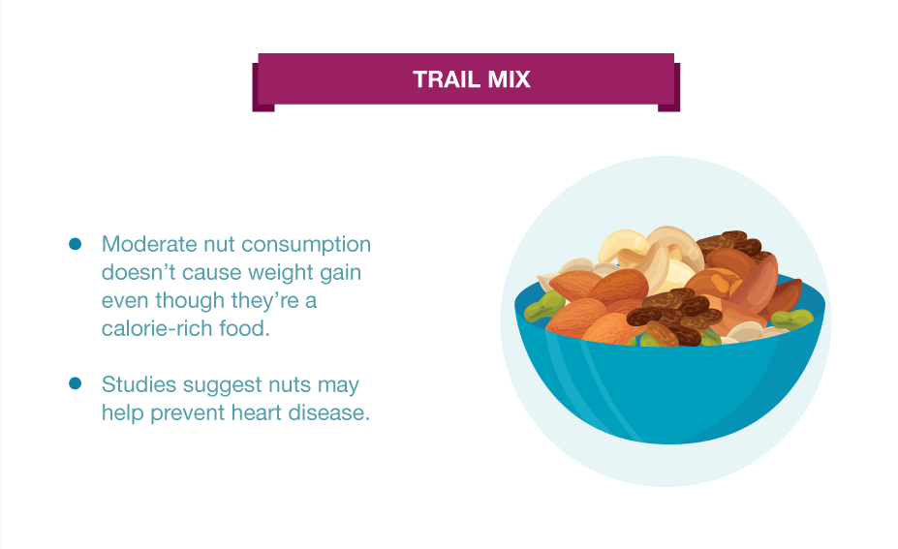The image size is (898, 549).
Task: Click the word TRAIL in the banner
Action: point(447,79)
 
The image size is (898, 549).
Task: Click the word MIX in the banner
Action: point(510,79)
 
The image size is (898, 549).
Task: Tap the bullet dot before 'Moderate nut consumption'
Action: point(75,244)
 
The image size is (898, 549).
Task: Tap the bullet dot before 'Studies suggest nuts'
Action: point(75,383)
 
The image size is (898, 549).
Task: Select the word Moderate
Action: point(149,244)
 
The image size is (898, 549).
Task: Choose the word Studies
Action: point(139,384)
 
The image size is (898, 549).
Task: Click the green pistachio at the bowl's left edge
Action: point(542,305)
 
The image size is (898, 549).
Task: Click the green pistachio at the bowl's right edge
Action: point(792,319)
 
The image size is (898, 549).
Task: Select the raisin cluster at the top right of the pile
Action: point(730,241)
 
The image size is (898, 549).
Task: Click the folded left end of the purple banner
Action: point(263,87)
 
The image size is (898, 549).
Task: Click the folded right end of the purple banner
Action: point(669,87)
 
